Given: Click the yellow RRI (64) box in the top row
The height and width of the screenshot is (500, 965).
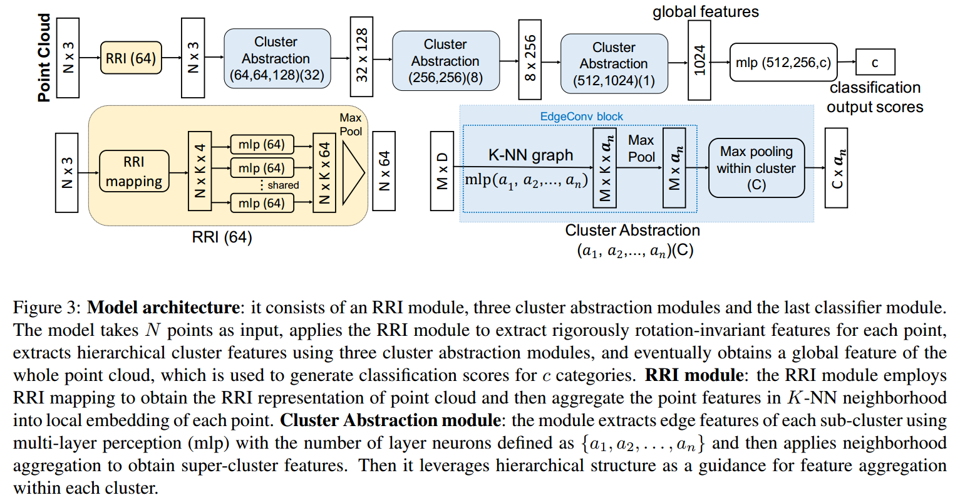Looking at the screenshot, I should (131, 58).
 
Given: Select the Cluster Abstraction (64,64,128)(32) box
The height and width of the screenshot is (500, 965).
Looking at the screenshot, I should (277, 58).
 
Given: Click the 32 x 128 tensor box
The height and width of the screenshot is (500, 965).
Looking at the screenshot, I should (361, 57).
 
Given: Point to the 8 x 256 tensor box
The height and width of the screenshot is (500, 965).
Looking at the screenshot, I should (530, 59).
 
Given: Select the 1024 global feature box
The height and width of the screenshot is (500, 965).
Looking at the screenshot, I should (699, 60).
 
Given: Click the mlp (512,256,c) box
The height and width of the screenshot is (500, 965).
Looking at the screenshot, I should (783, 62).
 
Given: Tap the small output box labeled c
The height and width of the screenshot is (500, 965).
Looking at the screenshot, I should (875, 63).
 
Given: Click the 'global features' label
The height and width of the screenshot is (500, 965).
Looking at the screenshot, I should (705, 11).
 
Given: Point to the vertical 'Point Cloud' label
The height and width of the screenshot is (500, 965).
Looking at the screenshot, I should (44, 58).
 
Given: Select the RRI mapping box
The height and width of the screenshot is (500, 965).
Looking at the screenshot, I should (134, 171).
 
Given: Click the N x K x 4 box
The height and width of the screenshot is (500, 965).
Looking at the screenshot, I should (200, 171).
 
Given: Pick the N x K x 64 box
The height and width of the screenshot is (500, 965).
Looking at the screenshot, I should (324, 172).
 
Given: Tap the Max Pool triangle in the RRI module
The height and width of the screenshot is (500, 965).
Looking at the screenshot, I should (353, 172).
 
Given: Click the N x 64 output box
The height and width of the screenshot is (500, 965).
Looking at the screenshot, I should (384, 171).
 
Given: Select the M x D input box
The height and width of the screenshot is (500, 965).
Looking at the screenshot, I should (442, 171).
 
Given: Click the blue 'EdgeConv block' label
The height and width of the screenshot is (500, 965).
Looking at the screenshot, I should (581, 117).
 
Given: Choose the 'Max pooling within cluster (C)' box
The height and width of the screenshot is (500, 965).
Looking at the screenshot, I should (756, 168).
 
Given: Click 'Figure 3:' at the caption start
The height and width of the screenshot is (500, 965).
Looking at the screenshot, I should (48, 308).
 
